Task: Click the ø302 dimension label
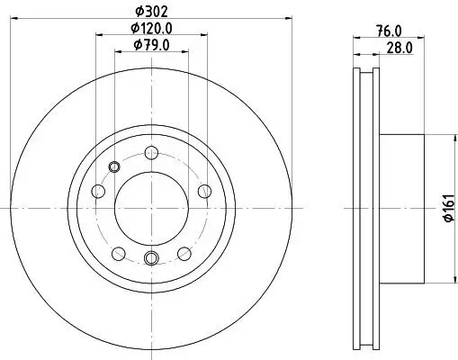(x=151, y=10)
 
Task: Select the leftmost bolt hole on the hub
(x=97, y=191)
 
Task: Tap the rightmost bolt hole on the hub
(x=204, y=191)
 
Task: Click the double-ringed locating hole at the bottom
(x=150, y=259)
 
